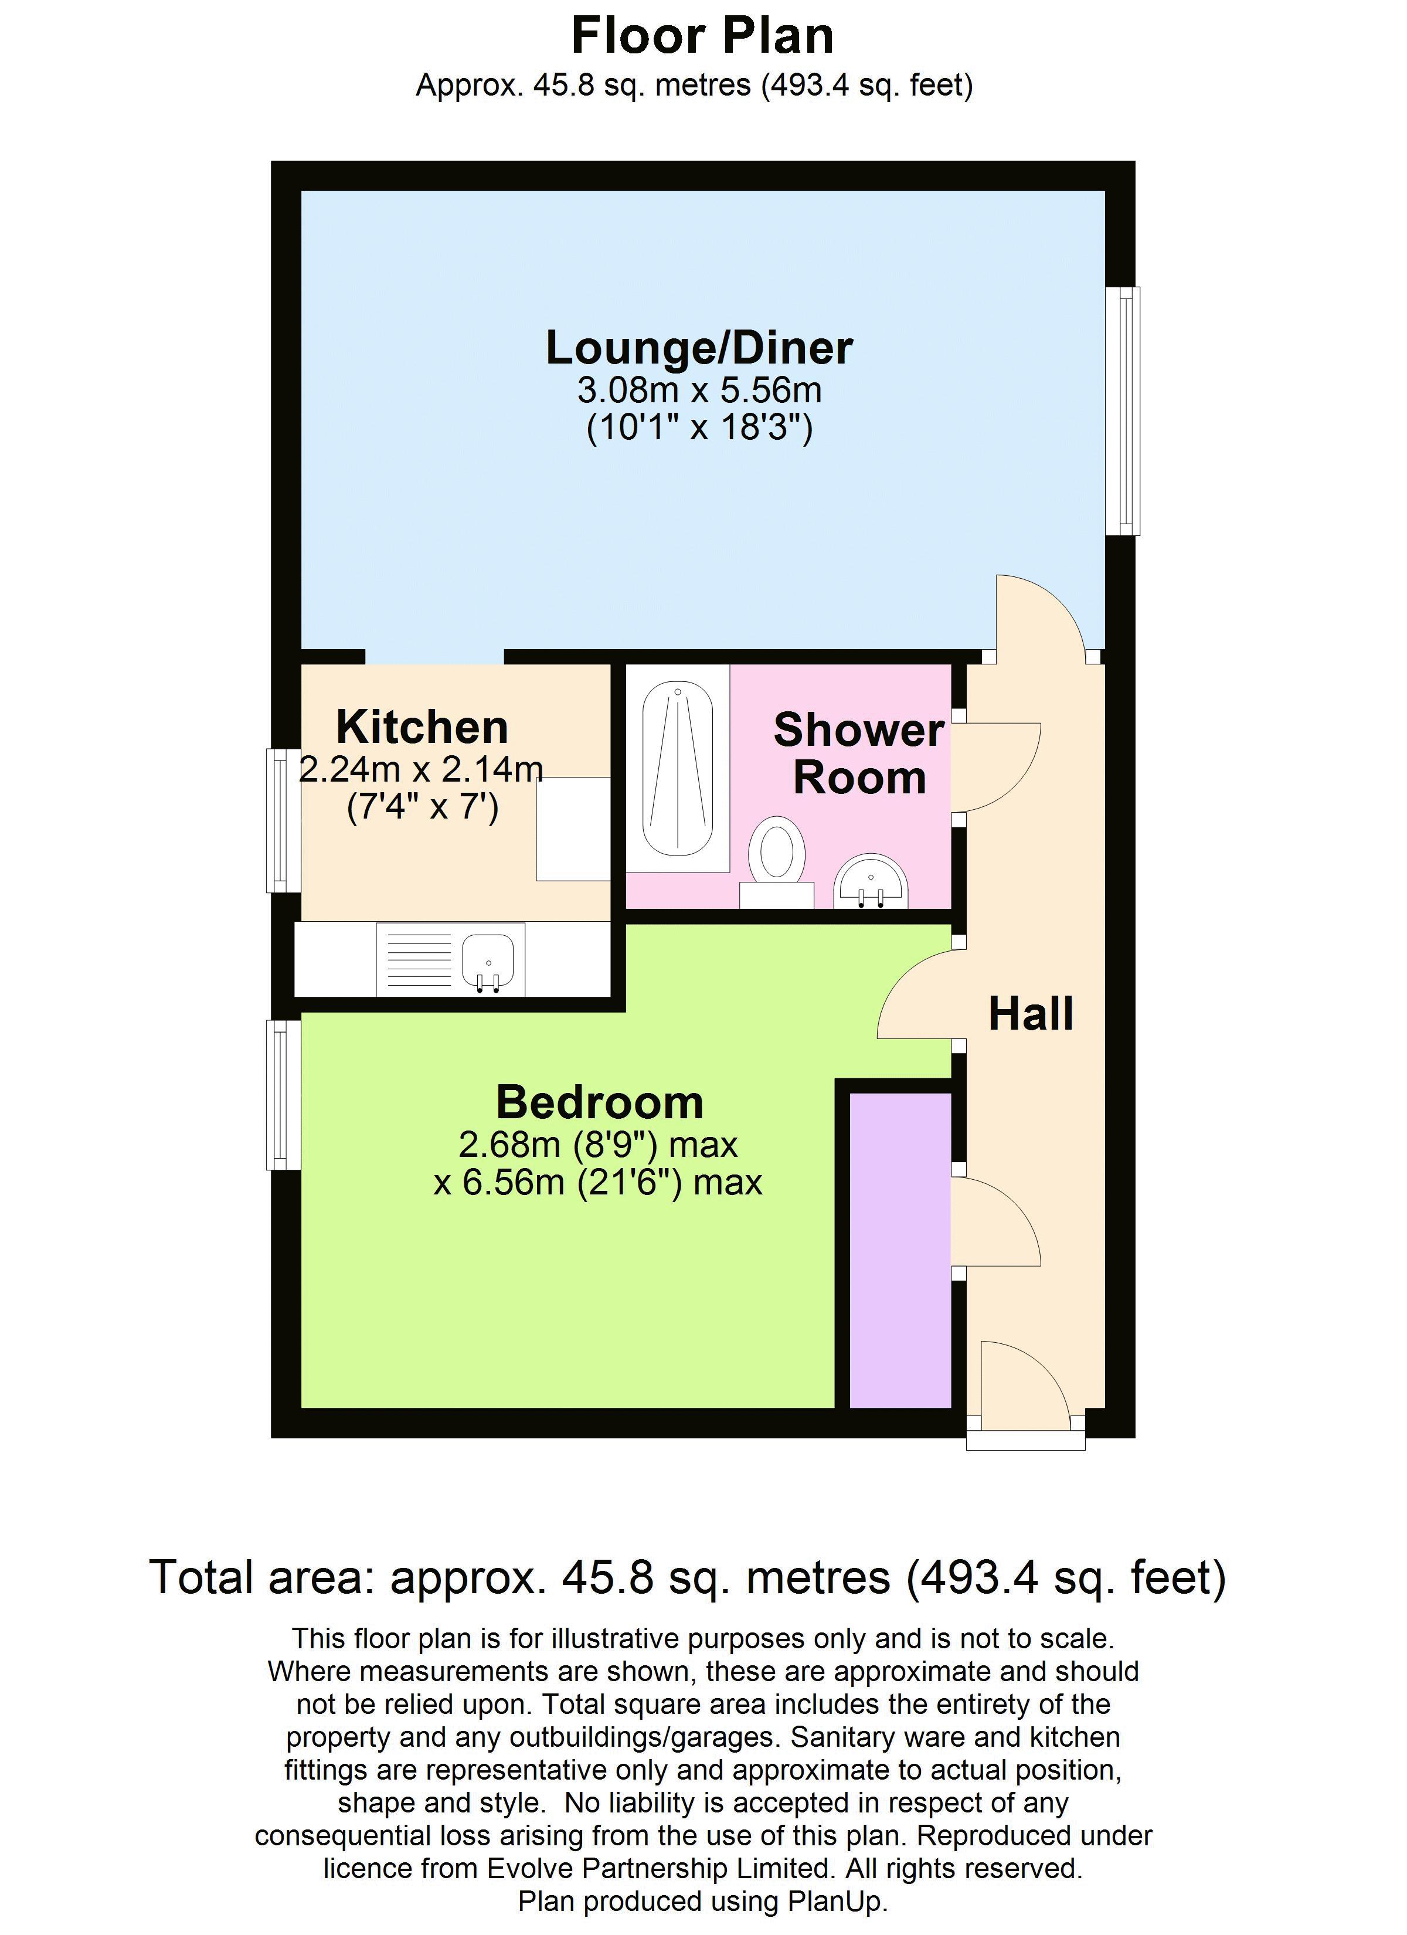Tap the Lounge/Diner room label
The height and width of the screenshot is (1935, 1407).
click(x=699, y=348)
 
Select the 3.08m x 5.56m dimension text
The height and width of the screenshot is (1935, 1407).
click(x=699, y=390)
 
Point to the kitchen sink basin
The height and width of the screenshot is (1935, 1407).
click(x=488, y=962)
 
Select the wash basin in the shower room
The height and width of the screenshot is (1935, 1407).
click(x=871, y=881)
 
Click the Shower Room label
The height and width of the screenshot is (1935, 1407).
click(x=859, y=754)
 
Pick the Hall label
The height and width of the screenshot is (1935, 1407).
click(x=1031, y=1014)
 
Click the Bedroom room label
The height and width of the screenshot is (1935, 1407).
click(x=600, y=1102)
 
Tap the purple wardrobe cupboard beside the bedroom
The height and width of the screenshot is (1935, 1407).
click(x=900, y=1250)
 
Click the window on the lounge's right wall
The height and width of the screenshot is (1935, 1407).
click(x=1123, y=410)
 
